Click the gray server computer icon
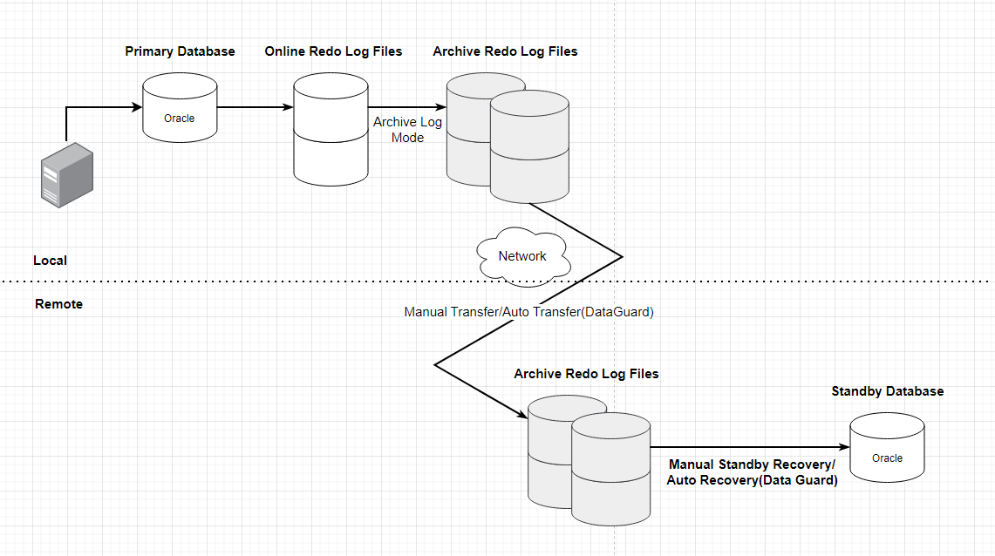(66, 174)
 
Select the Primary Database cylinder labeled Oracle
(180, 108)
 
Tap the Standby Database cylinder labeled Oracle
(887, 448)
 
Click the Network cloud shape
(522, 256)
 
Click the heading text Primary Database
(180, 51)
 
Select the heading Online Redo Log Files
(333, 51)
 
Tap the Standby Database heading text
(887, 391)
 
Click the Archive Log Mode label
(407, 130)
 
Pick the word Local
(50, 261)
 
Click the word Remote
(58, 304)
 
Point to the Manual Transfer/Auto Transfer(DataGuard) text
(528, 311)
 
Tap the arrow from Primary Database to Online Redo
(255, 108)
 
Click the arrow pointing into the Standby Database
(750, 448)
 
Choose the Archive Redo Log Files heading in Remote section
(586, 374)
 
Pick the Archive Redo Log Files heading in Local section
(505, 51)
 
